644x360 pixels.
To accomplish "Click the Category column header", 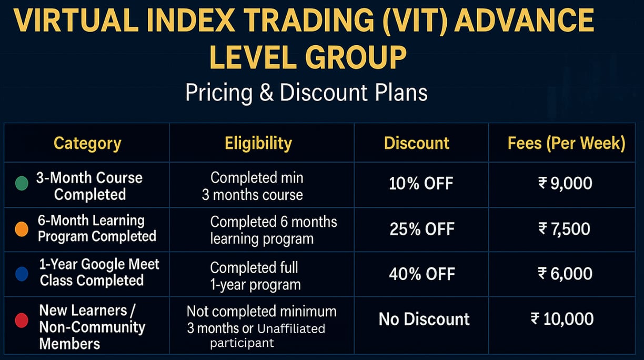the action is click(87, 144).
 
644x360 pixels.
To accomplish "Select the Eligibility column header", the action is click(258, 143).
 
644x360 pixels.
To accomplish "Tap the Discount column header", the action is click(417, 143).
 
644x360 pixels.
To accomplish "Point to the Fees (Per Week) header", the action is click(566, 143).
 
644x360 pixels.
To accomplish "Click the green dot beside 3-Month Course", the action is click(22, 184).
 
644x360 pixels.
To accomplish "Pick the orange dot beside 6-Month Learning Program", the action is click(22, 229).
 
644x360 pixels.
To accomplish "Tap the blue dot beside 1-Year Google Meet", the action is click(22, 274).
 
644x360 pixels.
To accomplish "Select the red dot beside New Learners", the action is click(22, 321).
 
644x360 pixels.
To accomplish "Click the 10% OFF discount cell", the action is click(421, 184).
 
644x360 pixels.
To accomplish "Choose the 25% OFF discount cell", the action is click(422, 229).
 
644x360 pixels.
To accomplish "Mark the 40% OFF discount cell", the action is click(422, 274).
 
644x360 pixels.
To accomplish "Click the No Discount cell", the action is click(424, 319).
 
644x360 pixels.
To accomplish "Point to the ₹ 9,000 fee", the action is click(565, 183).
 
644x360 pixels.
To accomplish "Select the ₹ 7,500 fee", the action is click(564, 229).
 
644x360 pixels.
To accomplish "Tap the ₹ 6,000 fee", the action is click(565, 274).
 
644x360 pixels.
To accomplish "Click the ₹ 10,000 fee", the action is click(562, 319).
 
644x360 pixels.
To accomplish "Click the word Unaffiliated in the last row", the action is click(291, 328).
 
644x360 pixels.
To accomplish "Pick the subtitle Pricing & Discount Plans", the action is click(306, 93).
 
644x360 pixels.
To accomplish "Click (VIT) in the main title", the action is click(415, 21).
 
